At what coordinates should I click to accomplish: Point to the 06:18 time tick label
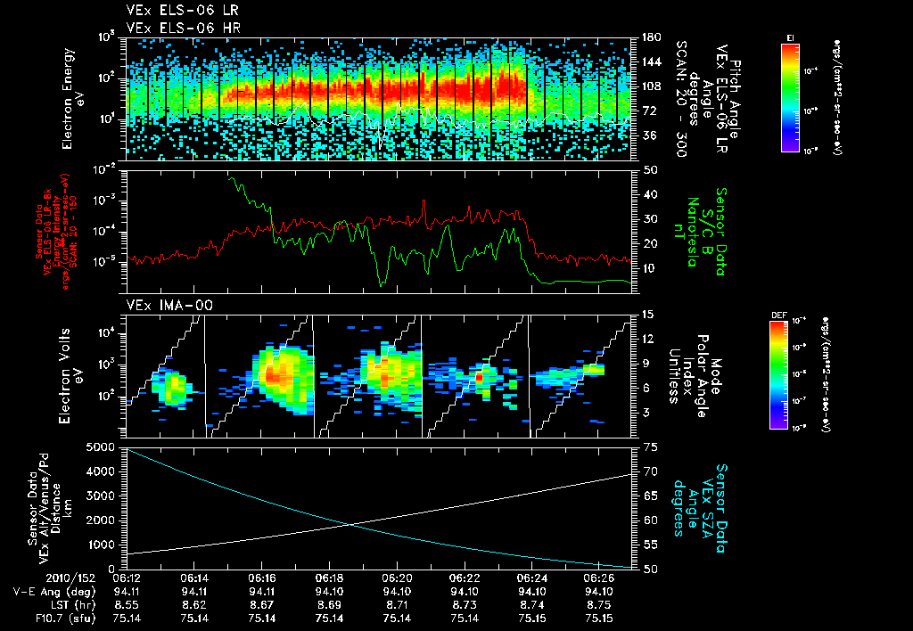coord(329,578)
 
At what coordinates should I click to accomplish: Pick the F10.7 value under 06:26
coord(600,618)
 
